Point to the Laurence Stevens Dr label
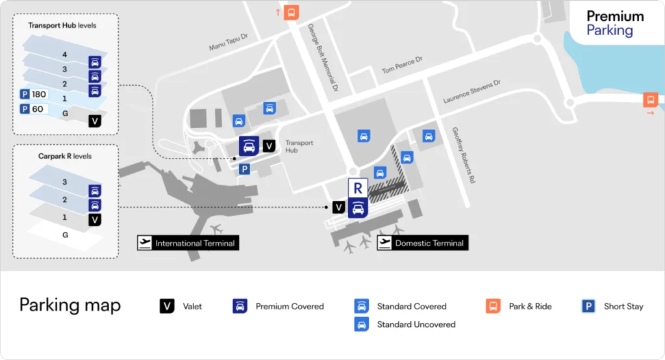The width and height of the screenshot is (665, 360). [x=472, y=92]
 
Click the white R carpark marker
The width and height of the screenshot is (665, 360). [x=358, y=188]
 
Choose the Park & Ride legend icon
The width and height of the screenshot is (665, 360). [x=493, y=306]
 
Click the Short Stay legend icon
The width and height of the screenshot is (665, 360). [x=589, y=306]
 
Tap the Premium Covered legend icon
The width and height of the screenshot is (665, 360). [x=240, y=306]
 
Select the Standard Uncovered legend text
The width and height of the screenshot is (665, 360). [x=416, y=324]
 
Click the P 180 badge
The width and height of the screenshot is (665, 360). [x=34, y=94]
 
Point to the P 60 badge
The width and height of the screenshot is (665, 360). [x=32, y=109]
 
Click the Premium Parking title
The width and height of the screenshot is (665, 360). [x=614, y=23]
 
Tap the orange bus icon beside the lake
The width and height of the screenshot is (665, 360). [x=650, y=100]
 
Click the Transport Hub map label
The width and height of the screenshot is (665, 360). [x=299, y=147]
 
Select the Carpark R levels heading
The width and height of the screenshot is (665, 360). [x=65, y=156]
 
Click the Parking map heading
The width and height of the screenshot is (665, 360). [x=70, y=305]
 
